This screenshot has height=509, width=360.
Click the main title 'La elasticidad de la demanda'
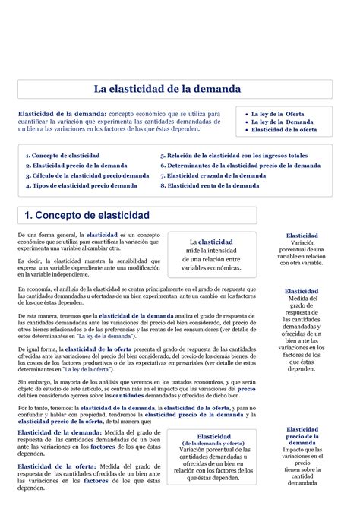167,89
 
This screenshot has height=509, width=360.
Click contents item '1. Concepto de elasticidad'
62,155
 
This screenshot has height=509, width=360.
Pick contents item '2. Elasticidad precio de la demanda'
76,165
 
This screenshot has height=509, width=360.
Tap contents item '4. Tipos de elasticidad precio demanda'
81,185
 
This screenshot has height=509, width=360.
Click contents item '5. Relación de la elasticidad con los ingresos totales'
233,155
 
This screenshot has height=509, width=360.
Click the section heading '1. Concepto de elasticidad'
87,215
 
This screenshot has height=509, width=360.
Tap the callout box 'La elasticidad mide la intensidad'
211,254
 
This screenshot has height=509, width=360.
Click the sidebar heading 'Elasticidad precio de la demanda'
302,438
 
